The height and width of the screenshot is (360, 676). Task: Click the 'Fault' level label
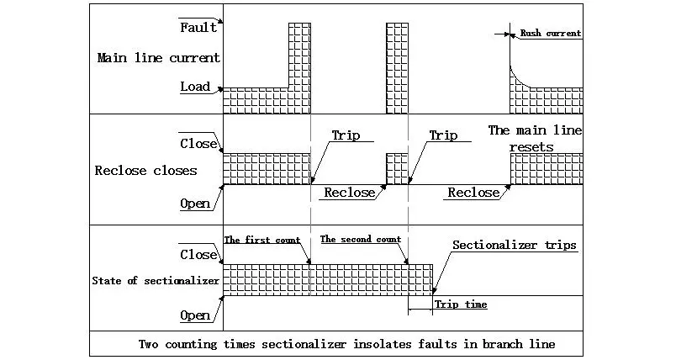coord(198,27)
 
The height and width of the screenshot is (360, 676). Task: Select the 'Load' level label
coord(195,87)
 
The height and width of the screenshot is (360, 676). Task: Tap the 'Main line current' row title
coord(158,58)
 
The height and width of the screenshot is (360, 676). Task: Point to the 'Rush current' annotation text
coord(551,34)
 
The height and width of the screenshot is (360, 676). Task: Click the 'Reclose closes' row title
coord(145,171)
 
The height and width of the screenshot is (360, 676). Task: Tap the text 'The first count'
coord(262,240)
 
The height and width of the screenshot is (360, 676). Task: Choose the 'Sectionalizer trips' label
coord(514,246)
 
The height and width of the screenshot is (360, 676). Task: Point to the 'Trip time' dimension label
coord(461,304)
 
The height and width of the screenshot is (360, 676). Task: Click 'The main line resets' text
coord(534,138)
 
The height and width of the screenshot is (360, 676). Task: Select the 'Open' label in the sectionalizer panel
coord(195,315)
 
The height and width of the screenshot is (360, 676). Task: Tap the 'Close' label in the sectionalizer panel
coord(198,253)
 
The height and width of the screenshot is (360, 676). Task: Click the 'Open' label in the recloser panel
coord(195,204)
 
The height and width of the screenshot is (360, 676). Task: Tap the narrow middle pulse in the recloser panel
coord(397,168)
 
